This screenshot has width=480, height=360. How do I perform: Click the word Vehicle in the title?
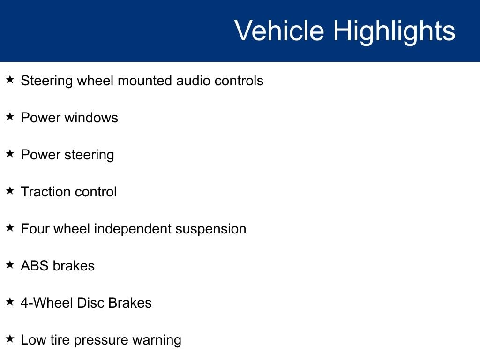pos(279,30)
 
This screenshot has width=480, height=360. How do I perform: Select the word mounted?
pos(145,81)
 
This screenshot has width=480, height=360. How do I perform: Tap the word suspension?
pos(211,229)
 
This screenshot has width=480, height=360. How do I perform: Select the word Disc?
pos(90,303)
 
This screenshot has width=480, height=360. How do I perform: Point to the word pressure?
pos(101,340)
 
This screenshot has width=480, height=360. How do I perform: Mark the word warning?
pos(157,340)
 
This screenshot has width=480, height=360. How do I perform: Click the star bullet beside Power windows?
pos(10,116)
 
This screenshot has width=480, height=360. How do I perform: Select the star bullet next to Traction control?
pos(10,190)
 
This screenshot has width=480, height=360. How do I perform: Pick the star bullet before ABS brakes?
pos(10,264)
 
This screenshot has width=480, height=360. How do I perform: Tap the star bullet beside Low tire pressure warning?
pos(10,338)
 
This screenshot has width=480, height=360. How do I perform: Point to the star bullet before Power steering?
pos(10,153)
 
